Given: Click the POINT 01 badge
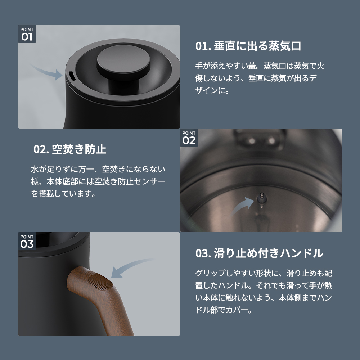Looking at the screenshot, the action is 27,34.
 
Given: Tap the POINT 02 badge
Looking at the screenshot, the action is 189,137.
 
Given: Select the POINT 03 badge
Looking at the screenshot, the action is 27,241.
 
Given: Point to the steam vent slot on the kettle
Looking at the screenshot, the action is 71,76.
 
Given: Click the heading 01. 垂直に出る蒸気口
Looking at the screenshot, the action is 248,46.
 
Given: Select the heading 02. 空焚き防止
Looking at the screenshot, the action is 70,149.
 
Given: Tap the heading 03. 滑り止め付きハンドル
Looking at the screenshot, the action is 259,253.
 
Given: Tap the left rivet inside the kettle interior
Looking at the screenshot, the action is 252,140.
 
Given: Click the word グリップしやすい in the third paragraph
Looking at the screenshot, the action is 225,273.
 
